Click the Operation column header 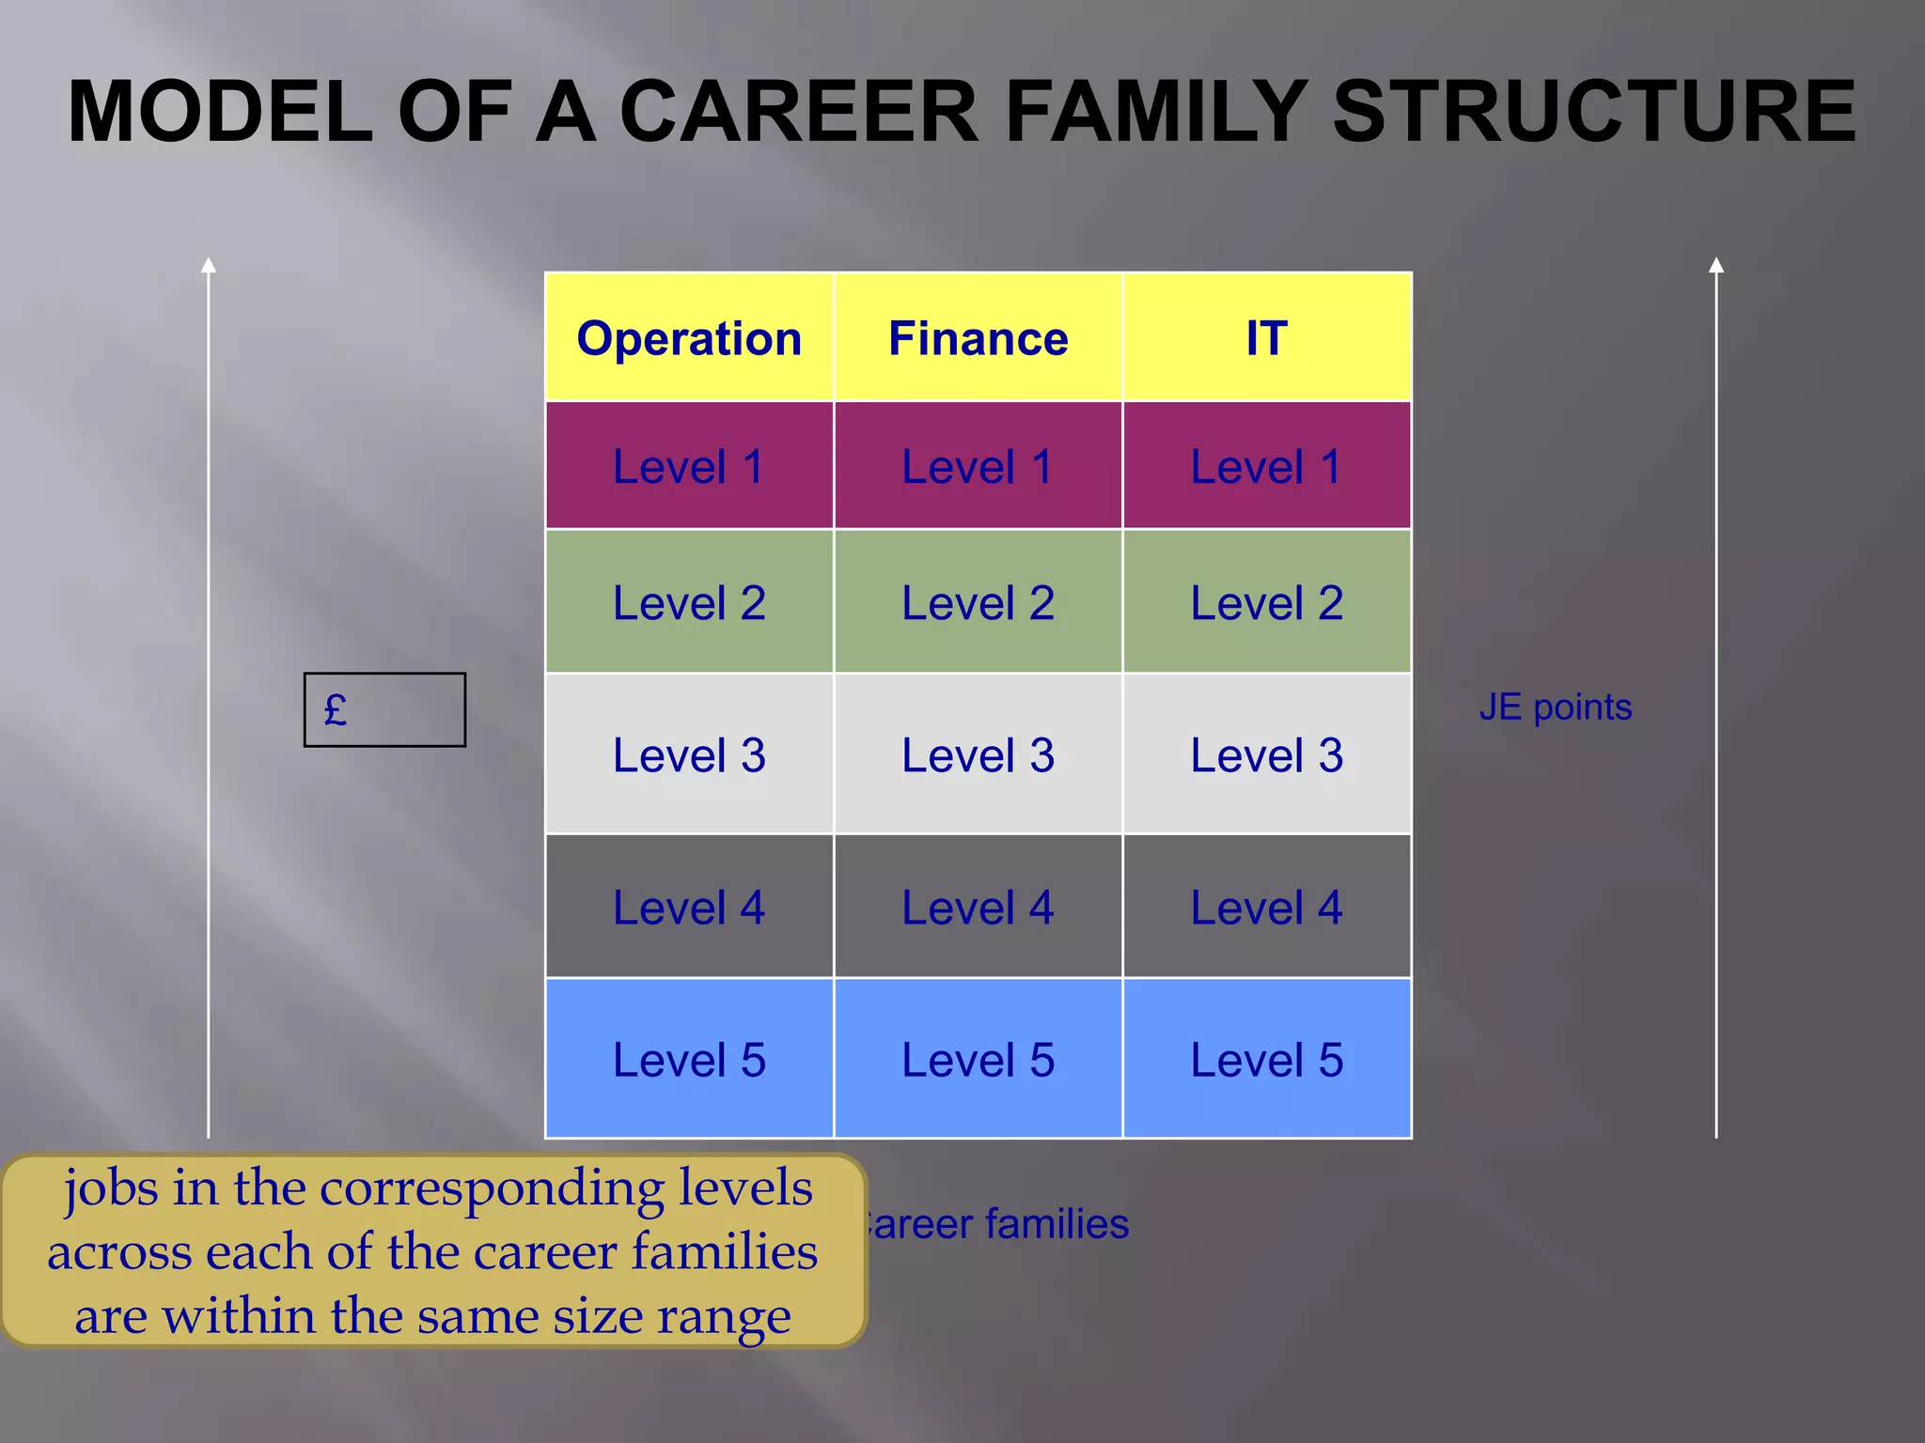click(689, 338)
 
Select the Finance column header click(978, 338)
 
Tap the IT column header click(1266, 338)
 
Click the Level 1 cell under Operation click(689, 467)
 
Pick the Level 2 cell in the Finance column click(978, 603)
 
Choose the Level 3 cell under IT click(1266, 755)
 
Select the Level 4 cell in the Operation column click(689, 908)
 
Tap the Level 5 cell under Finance click(978, 1060)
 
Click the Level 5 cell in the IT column click(1266, 1060)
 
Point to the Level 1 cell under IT click(1266, 467)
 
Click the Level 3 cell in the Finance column click(978, 755)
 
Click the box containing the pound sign click(384, 710)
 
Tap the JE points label click(1555, 707)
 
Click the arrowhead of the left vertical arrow click(209, 266)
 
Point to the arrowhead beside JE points click(1716, 266)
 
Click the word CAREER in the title click(799, 112)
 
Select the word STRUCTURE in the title click(1594, 112)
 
